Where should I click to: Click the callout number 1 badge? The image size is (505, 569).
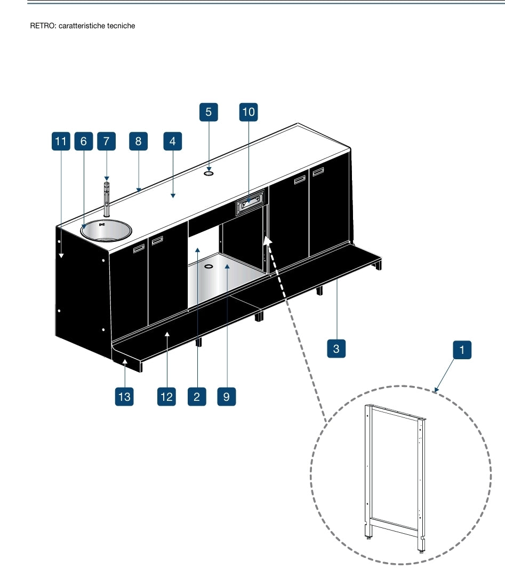point(462,351)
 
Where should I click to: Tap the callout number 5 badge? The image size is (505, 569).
point(209,112)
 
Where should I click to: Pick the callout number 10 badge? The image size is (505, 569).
point(249,112)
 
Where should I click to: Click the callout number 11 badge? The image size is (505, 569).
point(61,141)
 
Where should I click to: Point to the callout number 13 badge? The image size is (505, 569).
point(124,397)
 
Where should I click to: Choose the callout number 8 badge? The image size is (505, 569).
point(138,141)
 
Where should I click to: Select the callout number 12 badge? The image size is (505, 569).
point(166,397)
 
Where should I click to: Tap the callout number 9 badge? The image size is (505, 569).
point(227,397)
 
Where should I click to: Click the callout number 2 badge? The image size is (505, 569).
point(197,397)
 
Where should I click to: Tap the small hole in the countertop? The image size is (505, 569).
point(209,172)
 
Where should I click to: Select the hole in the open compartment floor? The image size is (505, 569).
point(209,266)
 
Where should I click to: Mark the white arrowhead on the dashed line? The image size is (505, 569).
point(268,243)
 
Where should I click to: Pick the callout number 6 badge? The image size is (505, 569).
point(83,141)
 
